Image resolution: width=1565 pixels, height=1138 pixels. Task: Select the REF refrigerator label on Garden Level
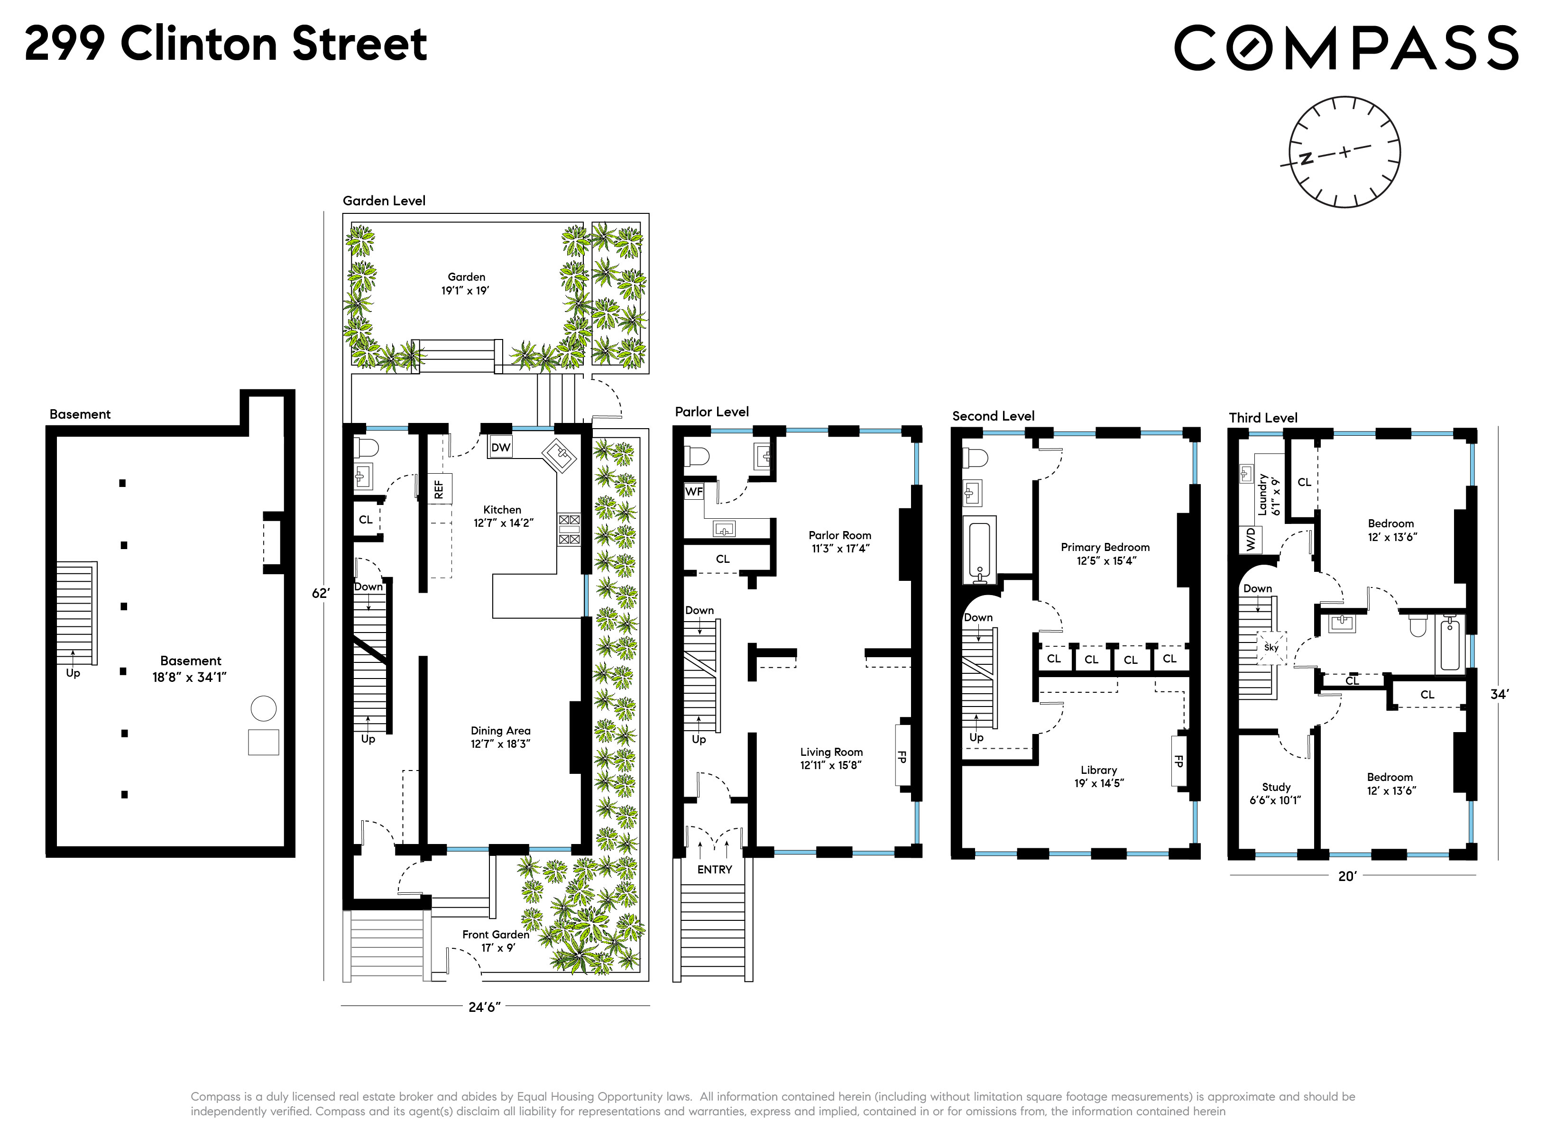pos(439,489)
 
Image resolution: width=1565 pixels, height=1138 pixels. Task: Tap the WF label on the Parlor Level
pos(693,491)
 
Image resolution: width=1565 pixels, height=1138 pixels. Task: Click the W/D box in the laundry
pos(1252,540)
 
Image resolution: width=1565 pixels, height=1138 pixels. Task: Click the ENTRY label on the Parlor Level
pos(714,870)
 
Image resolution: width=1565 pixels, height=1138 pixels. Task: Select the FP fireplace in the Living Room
pos(902,756)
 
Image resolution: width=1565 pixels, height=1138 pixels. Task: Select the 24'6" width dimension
pos(484,1007)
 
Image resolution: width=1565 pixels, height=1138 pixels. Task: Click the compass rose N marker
pos(1306,159)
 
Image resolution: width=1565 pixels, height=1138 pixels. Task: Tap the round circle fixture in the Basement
pos(264,708)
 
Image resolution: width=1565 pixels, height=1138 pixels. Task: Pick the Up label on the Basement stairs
pos(73,673)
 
